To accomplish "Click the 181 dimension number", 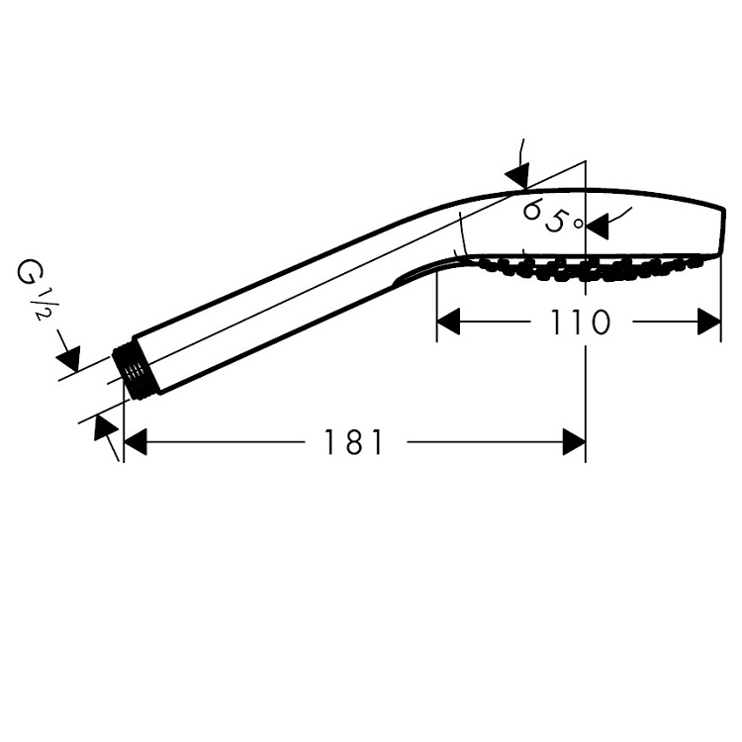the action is (353, 442).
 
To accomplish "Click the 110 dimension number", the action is (580, 322).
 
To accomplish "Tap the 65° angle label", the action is (552, 216).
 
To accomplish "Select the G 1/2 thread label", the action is (34, 289).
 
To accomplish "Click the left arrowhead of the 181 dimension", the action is (135, 442).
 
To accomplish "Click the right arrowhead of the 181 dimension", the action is (574, 442).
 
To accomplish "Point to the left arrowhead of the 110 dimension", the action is (448, 322).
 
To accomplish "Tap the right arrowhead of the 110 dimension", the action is (709, 322).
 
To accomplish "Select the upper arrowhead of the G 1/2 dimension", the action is (69, 358).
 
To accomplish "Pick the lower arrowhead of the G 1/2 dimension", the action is (104, 427).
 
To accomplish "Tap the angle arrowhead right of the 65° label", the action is (597, 226).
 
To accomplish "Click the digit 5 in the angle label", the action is (556, 220).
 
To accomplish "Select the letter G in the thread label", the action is (27, 273).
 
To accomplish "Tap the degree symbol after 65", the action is (579, 224).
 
